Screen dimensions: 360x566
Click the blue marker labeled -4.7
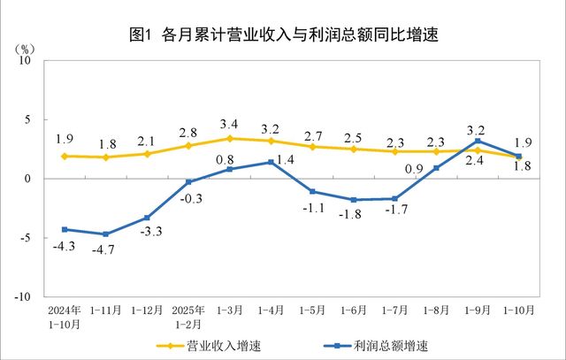click(x=106, y=234)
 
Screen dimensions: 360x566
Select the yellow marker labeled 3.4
click(x=230, y=138)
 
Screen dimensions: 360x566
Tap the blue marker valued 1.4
click(x=272, y=162)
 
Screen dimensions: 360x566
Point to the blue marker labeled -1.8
click(x=354, y=200)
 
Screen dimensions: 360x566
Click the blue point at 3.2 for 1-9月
click(x=478, y=141)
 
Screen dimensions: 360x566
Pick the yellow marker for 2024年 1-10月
click(x=65, y=156)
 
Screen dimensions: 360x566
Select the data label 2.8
click(x=188, y=131)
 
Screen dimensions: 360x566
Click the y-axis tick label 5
click(x=27, y=119)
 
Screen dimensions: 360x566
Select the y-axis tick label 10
click(x=25, y=60)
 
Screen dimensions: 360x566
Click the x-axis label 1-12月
click(x=147, y=311)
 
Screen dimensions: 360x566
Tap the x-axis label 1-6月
click(x=354, y=311)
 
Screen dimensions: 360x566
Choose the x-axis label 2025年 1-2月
click(x=188, y=317)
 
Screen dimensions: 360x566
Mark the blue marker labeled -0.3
click(x=188, y=181)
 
